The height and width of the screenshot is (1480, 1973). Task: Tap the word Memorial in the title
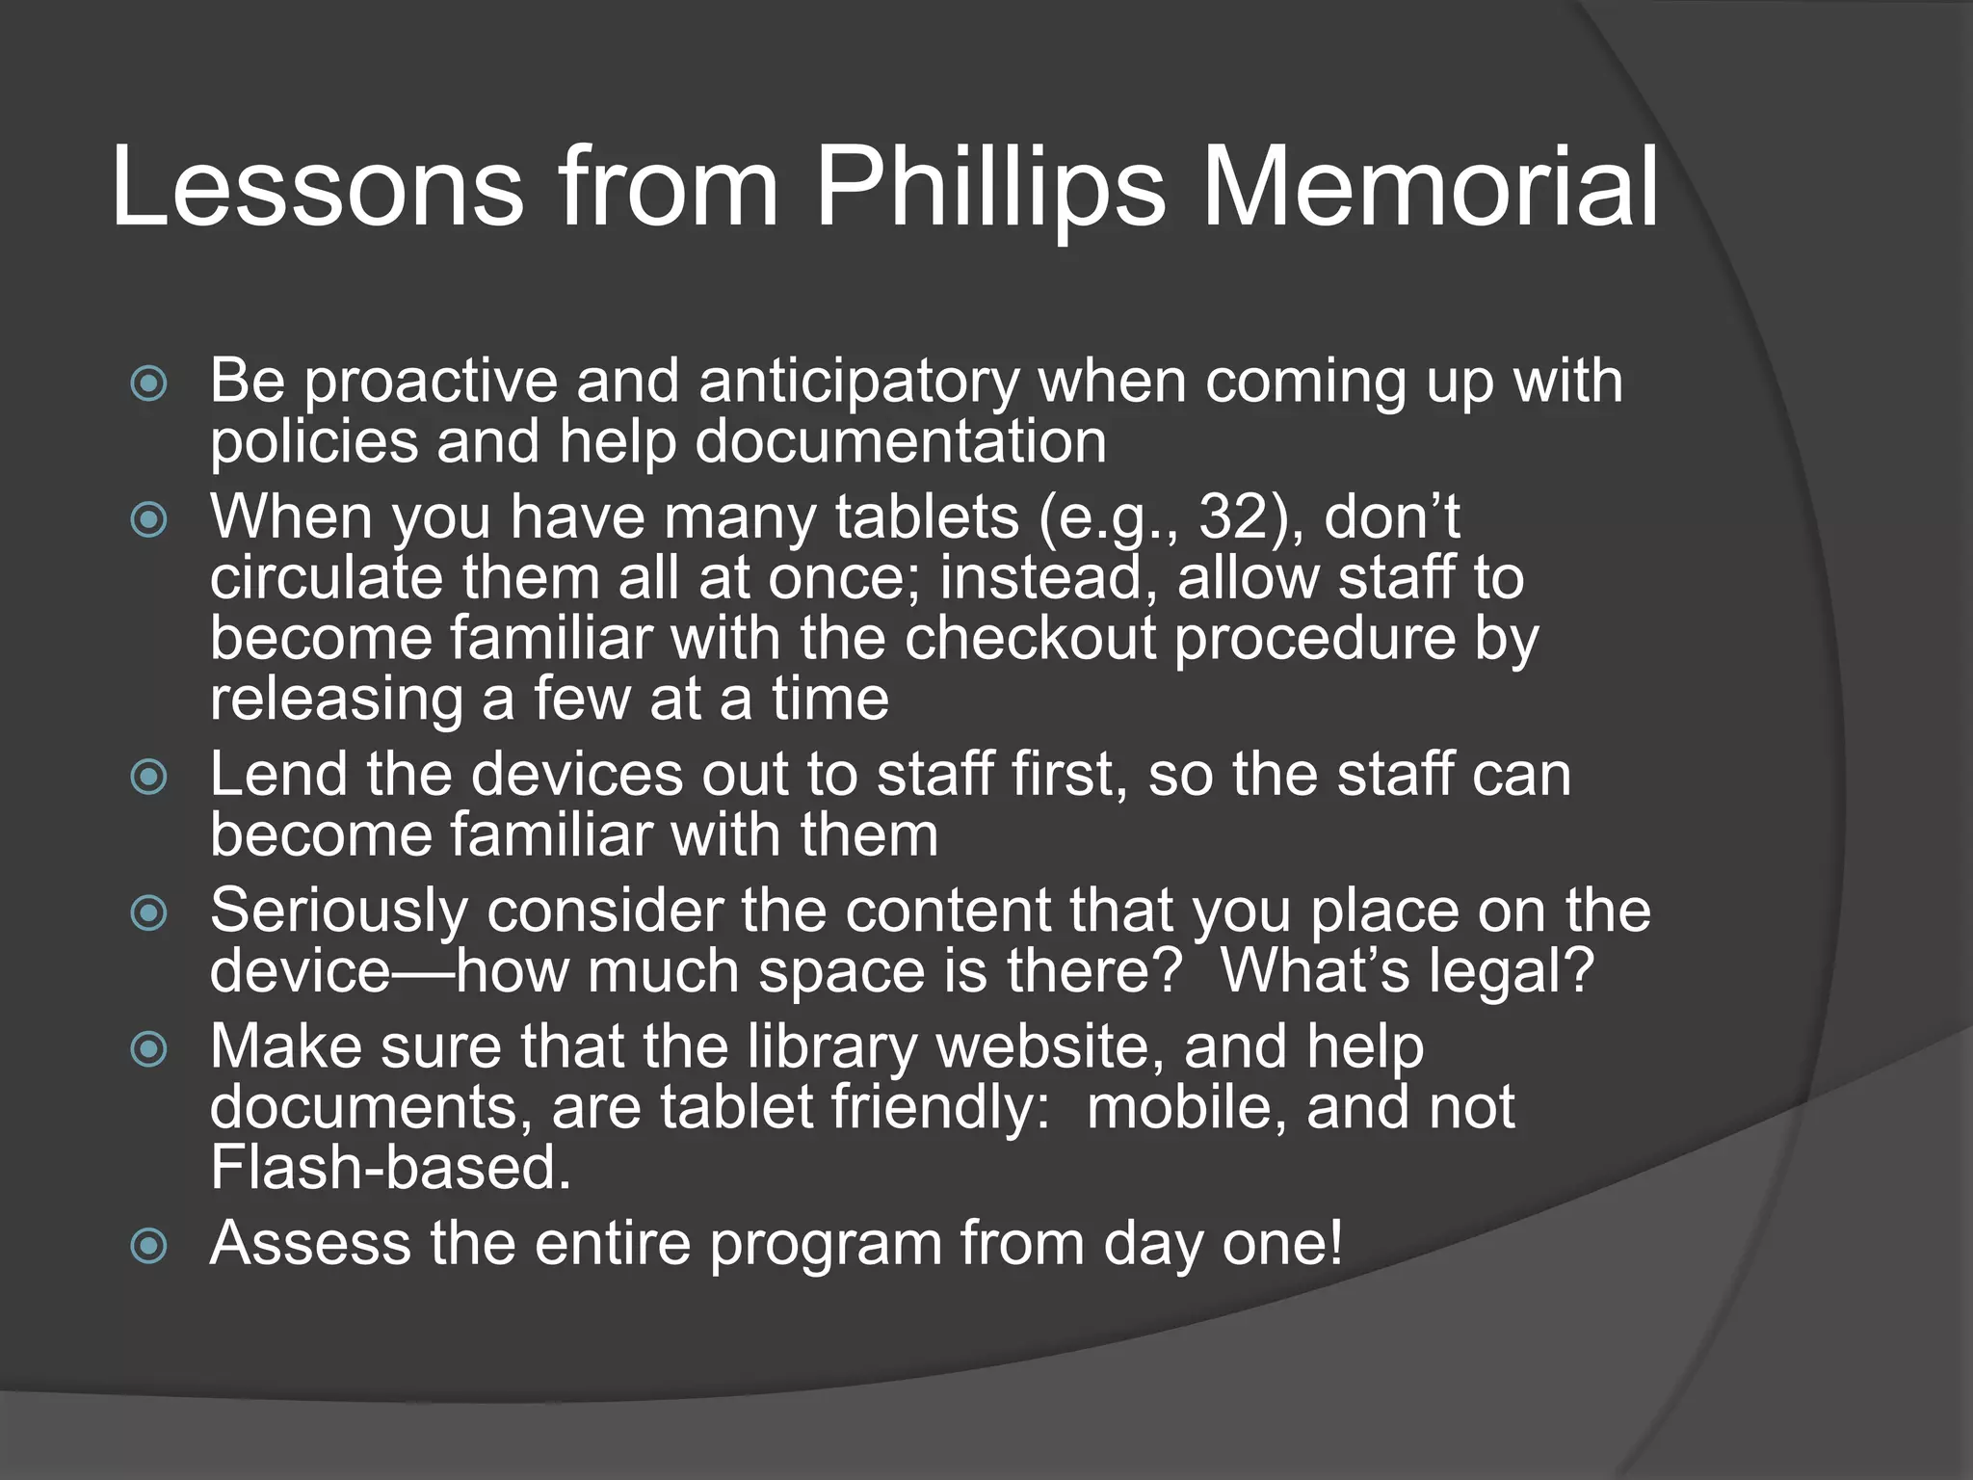(1431, 187)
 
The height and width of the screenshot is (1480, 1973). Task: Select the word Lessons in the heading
(318, 187)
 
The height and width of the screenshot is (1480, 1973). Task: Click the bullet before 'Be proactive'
(148, 383)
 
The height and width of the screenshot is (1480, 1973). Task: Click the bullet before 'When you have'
(148, 520)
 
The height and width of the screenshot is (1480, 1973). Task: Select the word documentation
(900, 442)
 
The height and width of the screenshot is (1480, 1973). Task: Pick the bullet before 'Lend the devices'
(148, 777)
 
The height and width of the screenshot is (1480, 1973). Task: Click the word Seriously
(338, 912)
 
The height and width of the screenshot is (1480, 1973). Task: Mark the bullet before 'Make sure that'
(148, 1049)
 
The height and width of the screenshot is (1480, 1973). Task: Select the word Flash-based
(391, 1168)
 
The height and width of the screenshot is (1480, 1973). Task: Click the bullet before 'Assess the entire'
(148, 1247)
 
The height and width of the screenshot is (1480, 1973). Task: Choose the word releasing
(336, 700)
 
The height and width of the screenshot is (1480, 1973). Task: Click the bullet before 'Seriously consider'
(148, 912)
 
